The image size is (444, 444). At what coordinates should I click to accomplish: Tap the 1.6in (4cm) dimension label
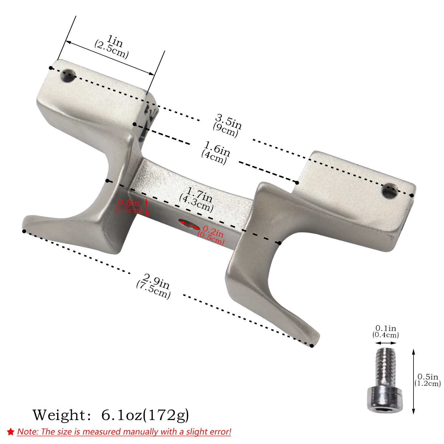216,153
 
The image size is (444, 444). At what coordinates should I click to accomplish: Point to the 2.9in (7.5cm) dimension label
154,286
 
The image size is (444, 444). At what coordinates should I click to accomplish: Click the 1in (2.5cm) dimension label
112,46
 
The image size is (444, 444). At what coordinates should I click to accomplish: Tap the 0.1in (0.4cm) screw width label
386,332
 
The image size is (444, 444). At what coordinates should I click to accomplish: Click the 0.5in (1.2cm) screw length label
428,380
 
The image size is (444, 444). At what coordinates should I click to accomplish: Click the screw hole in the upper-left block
68,76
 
